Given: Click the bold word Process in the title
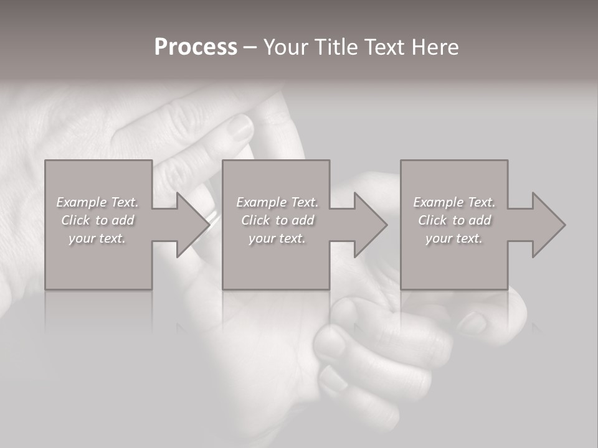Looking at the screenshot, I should click(196, 47).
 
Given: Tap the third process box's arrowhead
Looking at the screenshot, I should click(548, 225).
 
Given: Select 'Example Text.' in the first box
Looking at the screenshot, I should click(97, 202).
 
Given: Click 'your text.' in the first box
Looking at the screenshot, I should click(97, 238).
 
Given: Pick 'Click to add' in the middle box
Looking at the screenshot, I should click(277, 220).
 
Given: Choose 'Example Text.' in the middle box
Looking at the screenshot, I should click(277, 202).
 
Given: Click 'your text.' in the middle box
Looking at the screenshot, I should click(277, 238).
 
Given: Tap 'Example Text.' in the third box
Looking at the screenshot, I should click(454, 202).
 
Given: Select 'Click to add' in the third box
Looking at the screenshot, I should click(454, 220).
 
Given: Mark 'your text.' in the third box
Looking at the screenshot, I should click(454, 238).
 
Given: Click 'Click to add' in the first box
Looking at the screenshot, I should click(97, 220).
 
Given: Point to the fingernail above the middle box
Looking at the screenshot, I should click(239, 129).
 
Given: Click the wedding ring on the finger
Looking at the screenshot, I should click(213, 217).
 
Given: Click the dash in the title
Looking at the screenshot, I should click(250, 47).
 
